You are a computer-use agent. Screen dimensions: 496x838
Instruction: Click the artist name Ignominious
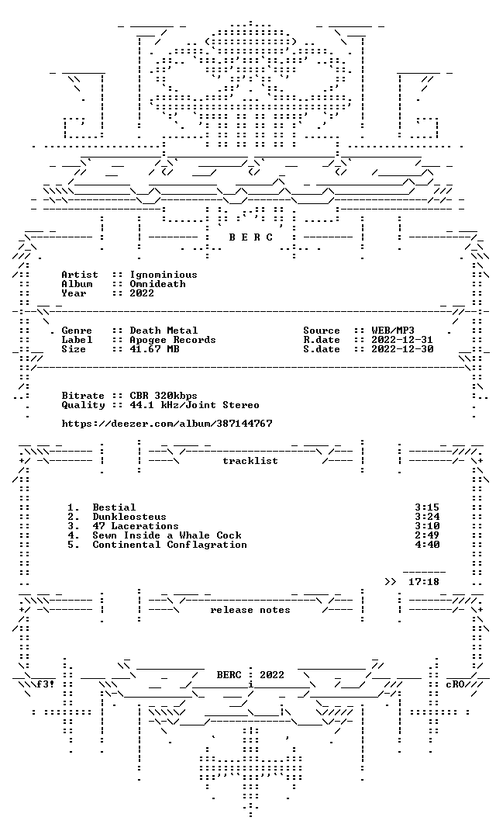(x=164, y=275)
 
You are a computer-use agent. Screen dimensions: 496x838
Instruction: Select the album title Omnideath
(x=157, y=284)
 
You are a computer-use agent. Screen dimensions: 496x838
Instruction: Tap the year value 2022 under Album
(x=142, y=293)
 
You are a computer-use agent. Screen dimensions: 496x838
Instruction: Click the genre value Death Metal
(x=164, y=331)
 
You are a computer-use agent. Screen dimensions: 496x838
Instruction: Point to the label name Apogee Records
(x=173, y=340)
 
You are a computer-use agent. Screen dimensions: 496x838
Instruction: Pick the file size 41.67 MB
(x=154, y=349)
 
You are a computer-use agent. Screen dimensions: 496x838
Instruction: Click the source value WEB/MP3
(x=393, y=331)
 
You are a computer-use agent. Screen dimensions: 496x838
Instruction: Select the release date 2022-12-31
(x=402, y=340)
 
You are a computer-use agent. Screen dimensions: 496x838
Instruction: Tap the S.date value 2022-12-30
(x=402, y=349)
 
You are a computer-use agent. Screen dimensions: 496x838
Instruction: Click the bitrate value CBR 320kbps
(x=164, y=396)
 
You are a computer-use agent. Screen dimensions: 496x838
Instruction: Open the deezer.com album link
(x=167, y=424)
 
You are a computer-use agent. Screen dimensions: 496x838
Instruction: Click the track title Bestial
(x=114, y=507)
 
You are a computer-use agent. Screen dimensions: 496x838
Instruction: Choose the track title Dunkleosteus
(x=129, y=517)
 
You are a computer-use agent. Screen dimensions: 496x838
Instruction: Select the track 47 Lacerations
(x=136, y=526)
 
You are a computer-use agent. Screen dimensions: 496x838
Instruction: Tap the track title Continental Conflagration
(x=170, y=545)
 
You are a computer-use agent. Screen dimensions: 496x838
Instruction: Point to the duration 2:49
(x=427, y=535)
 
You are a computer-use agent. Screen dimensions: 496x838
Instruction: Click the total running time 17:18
(x=424, y=581)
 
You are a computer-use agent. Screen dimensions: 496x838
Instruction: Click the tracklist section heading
(x=250, y=461)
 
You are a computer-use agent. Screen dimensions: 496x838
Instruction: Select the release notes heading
(x=250, y=610)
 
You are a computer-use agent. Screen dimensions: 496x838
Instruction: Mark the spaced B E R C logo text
(x=251, y=237)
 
